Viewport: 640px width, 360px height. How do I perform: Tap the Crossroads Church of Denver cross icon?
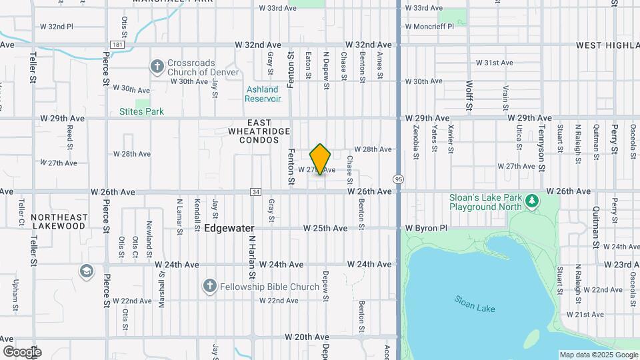[x=157, y=66]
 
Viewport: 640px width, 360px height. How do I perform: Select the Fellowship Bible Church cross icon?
[x=209, y=286]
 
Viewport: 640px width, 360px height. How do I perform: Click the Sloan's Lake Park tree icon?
[x=531, y=201]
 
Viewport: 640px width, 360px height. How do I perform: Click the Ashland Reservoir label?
[x=262, y=94]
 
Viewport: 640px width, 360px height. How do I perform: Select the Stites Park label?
[x=141, y=111]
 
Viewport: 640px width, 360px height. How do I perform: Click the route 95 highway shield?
[x=399, y=179]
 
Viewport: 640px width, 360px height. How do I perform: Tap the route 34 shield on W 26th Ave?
[x=255, y=192]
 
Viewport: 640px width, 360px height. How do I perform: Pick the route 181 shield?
[x=117, y=45]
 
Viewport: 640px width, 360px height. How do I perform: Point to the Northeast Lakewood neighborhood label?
[x=59, y=221]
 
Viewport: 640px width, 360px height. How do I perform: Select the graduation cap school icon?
[x=86, y=271]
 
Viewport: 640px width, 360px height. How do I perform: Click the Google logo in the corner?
[x=22, y=351]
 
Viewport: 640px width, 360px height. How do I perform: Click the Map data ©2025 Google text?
[x=598, y=355]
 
